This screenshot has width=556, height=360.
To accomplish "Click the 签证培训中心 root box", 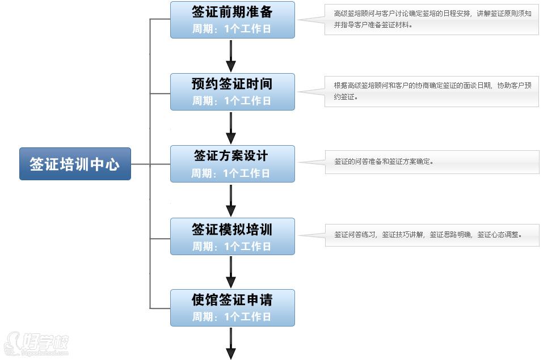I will pyautogui.click(x=75, y=164).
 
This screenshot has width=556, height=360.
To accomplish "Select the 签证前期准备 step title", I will pyautogui.click(x=232, y=12).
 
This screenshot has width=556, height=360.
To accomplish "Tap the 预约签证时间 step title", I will pyautogui.click(x=232, y=84).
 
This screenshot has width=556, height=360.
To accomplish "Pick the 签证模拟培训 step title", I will pyautogui.click(x=232, y=229).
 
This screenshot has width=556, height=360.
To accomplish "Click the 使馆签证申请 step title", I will pyautogui.click(x=232, y=300).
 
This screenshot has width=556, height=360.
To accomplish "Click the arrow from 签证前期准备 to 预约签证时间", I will pyautogui.click(x=231, y=56).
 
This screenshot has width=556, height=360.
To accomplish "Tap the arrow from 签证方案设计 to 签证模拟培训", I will pyautogui.click(x=231, y=200).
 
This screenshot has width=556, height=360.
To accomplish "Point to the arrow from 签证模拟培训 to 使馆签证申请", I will pyautogui.click(x=231, y=272).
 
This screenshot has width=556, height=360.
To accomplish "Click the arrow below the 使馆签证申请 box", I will pyautogui.click(x=231, y=344).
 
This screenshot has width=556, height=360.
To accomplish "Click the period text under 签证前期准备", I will pyautogui.click(x=231, y=28).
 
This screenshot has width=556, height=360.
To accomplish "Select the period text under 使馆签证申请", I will pyautogui.click(x=231, y=316).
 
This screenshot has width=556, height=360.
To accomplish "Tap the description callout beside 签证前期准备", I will pyautogui.click(x=431, y=19).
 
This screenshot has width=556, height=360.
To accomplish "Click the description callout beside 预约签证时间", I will pyautogui.click(x=431, y=91).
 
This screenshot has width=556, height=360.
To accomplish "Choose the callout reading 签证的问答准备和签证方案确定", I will pyautogui.click(x=431, y=162).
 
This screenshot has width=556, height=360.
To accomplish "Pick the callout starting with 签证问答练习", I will pyautogui.click(x=431, y=234).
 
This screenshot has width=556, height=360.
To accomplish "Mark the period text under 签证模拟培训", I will pyautogui.click(x=231, y=246).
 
